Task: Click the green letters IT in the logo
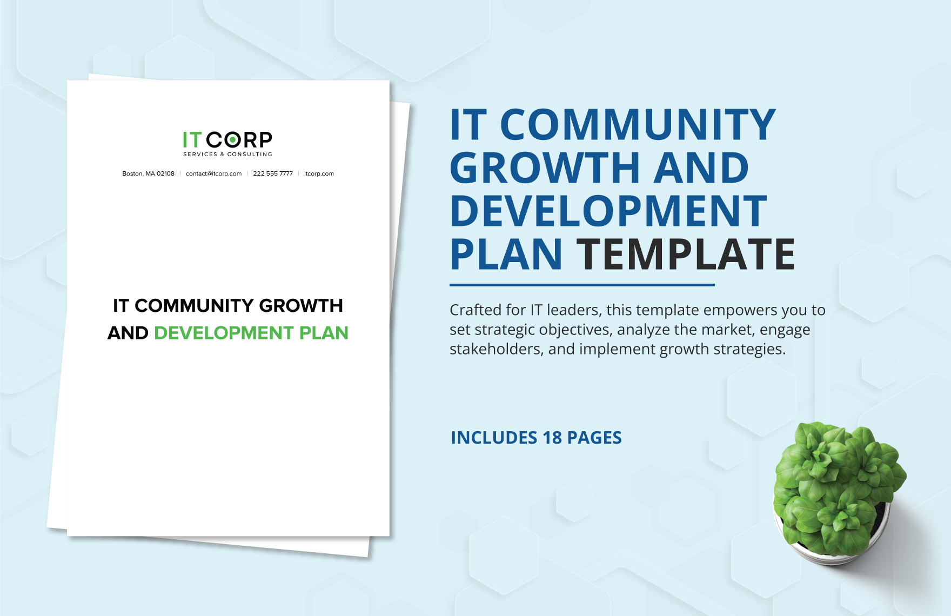(x=191, y=140)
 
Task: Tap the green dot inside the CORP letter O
(x=232, y=140)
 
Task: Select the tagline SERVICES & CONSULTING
(x=227, y=155)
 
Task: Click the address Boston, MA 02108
(x=148, y=174)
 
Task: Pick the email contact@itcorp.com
(x=213, y=174)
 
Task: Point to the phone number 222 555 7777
(x=273, y=174)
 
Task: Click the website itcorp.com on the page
(x=319, y=174)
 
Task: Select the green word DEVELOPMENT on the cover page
(x=224, y=333)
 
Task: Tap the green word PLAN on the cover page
(x=324, y=333)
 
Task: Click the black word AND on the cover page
(x=128, y=333)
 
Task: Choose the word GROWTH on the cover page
(x=301, y=306)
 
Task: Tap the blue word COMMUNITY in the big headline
(x=638, y=125)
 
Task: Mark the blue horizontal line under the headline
(x=582, y=285)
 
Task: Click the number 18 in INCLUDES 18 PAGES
(x=552, y=438)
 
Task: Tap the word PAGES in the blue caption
(x=594, y=438)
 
